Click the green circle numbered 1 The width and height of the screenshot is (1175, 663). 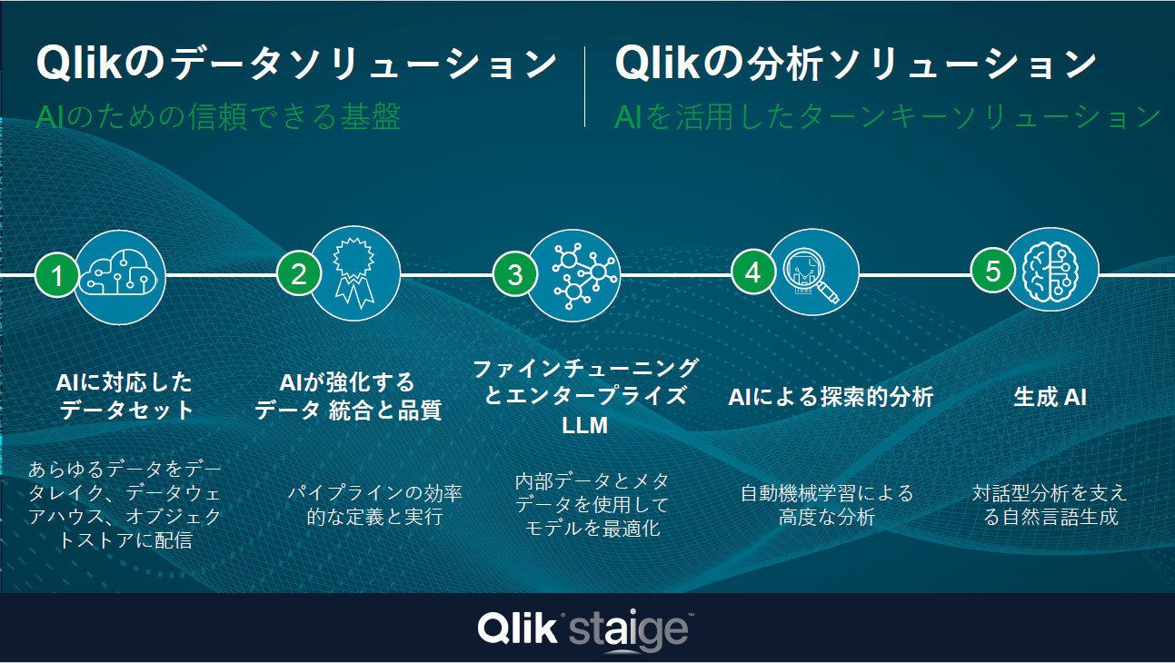tap(56, 276)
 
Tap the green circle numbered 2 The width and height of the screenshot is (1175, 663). tap(298, 274)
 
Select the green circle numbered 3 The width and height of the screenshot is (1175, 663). tap(514, 274)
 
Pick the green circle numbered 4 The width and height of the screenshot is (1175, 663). tap(752, 272)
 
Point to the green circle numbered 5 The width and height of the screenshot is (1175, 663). tap(992, 271)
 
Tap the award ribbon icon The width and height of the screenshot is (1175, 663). tap(354, 272)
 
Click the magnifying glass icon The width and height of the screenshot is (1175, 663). tap(811, 274)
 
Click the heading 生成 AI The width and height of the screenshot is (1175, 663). tap(1051, 397)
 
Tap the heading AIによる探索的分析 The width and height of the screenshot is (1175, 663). tap(831, 397)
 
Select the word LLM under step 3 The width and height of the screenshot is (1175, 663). tap(584, 425)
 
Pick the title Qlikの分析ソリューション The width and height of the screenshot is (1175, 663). tap(854, 64)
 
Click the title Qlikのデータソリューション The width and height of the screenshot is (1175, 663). tap(296, 64)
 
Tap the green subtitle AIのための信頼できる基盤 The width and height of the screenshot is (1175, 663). tap(218, 116)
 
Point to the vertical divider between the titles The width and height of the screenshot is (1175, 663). tap(585, 86)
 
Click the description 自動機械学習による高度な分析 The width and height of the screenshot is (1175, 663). tap(827, 505)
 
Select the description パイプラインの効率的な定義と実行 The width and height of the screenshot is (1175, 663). tap(374, 505)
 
